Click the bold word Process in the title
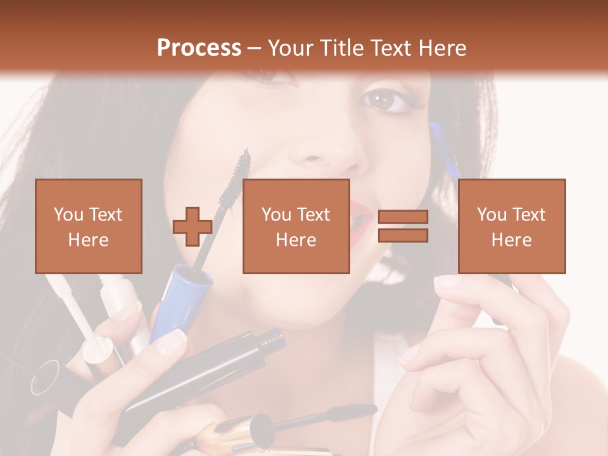(199, 48)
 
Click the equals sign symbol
(403, 226)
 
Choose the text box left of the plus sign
(88, 226)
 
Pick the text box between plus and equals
(296, 226)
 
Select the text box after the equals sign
(511, 226)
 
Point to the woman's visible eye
(385, 99)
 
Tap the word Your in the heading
(290, 48)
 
